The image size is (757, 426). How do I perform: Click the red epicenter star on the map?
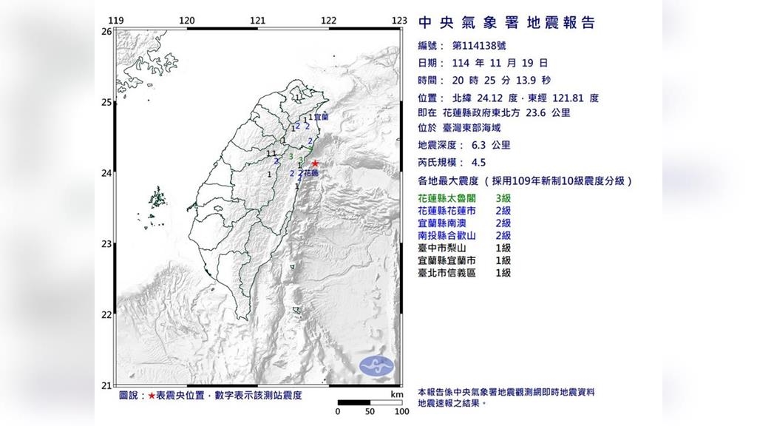(x=315, y=163)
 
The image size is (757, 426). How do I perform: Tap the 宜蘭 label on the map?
(x=321, y=117)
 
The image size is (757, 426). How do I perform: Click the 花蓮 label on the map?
(x=311, y=173)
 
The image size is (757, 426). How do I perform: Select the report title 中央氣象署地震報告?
(x=506, y=23)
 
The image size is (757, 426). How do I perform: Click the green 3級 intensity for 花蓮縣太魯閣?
(x=503, y=197)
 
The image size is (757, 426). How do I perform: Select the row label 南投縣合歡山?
(x=447, y=235)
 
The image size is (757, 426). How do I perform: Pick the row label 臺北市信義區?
(x=447, y=273)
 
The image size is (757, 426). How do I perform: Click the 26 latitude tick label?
(x=106, y=32)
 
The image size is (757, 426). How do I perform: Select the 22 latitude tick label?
(x=106, y=315)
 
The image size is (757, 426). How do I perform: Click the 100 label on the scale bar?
(x=401, y=411)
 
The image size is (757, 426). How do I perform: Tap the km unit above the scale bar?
(x=396, y=395)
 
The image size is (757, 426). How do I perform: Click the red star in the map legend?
(x=152, y=396)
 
